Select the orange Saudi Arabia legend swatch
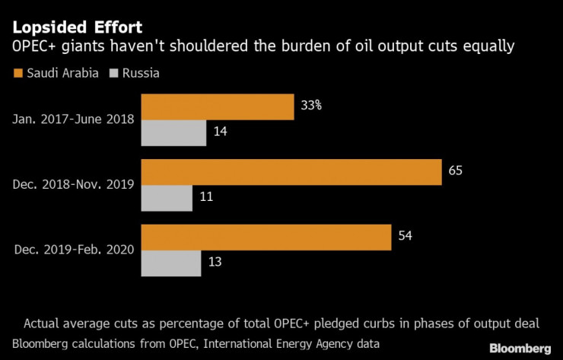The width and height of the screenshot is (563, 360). (17, 74)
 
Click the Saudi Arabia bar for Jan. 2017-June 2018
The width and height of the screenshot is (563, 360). (218, 107)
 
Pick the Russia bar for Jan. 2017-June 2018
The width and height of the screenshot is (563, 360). (173, 133)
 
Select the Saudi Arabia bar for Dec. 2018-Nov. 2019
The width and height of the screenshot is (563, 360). (291, 172)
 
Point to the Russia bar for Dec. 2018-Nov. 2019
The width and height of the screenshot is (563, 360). (167, 198)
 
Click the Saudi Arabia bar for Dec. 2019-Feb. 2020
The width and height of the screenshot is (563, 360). (266, 237)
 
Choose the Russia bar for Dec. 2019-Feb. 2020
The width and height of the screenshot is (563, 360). (171, 263)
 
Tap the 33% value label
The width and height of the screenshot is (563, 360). (311, 106)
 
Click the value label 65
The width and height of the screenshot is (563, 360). (455, 171)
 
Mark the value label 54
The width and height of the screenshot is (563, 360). (405, 237)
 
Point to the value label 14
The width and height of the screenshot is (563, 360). (221, 132)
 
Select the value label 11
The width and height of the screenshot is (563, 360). (205, 197)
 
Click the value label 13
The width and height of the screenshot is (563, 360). (215, 263)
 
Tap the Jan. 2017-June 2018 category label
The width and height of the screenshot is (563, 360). (74, 119)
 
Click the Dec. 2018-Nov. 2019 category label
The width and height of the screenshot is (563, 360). (74, 185)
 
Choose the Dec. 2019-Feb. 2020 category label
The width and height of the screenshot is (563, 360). (74, 250)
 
